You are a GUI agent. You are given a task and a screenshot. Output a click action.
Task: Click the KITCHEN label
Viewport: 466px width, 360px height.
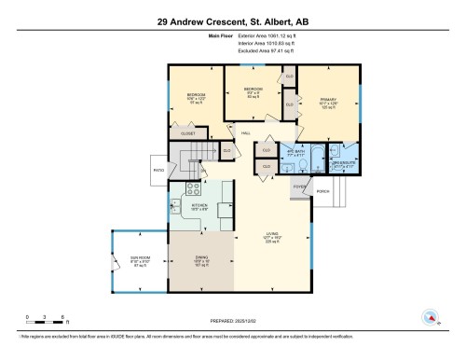click(x=199, y=205)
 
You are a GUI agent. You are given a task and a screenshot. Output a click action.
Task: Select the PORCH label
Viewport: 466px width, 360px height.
click(x=322, y=191)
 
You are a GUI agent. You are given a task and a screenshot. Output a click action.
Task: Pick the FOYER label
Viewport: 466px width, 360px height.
click(x=300, y=187)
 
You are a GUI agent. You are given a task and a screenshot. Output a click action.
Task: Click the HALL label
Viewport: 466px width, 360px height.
click(x=246, y=132)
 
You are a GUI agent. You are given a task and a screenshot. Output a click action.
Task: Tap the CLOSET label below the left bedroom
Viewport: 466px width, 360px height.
click(x=188, y=134)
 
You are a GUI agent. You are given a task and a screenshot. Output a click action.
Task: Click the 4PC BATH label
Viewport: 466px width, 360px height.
click(x=296, y=149)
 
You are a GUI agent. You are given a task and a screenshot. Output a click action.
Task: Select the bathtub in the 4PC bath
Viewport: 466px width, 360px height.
click(x=316, y=153)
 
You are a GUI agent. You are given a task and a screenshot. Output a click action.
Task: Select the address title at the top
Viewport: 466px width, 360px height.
click(x=232, y=20)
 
